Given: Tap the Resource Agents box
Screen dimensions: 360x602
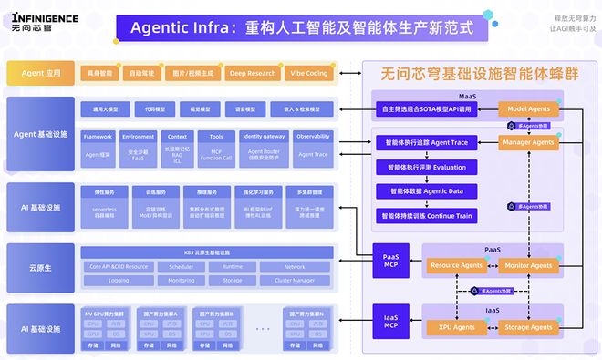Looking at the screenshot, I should pos(456,266).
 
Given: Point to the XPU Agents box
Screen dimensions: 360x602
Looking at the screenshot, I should pos(456,327).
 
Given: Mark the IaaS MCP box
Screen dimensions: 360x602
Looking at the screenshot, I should pos(389,322).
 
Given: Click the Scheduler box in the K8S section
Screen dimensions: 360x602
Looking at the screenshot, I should pos(174,267).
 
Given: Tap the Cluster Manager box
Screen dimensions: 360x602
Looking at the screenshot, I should pos(295,281).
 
